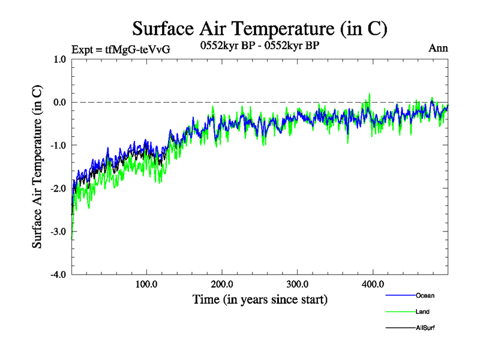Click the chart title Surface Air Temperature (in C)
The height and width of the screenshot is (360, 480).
pyautogui.click(x=259, y=28)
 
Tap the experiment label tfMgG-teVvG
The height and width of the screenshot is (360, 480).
pyautogui.click(x=121, y=49)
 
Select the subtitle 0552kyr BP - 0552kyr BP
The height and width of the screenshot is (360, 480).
pyautogui.click(x=259, y=45)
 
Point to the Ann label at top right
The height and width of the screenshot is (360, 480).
pyautogui.click(x=438, y=48)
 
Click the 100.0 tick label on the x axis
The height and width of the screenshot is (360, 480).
pyautogui.click(x=147, y=284)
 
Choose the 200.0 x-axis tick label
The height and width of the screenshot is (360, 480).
pyautogui.click(x=223, y=284)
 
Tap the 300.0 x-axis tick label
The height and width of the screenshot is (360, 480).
pyautogui.click(x=298, y=284)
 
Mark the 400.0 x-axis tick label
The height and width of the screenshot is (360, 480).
pyautogui.click(x=373, y=284)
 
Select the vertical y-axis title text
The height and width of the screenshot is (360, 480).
pyautogui.click(x=37, y=167)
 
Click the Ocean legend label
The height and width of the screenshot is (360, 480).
pyautogui.click(x=425, y=296)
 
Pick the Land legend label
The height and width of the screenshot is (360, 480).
pyautogui.click(x=422, y=312)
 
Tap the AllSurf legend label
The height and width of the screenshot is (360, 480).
pyautogui.click(x=425, y=328)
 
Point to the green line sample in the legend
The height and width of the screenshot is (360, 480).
pyautogui.click(x=400, y=312)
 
